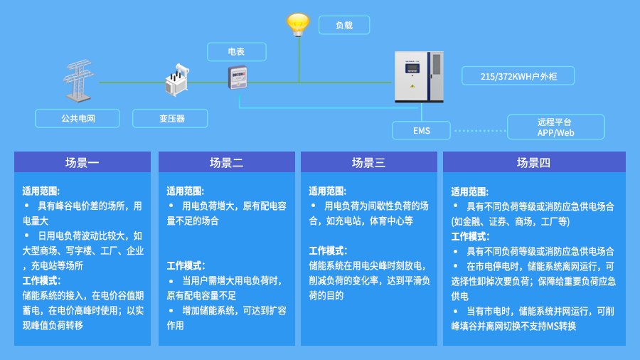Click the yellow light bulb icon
[x=298, y=23]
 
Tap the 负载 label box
[x=344, y=26]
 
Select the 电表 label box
[x=236, y=52]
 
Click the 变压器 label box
[x=171, y=118]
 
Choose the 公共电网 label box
[x=78, y=118]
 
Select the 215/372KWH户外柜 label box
[x=517, y=75]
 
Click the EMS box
[x=421, y=131]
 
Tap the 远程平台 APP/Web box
[x=555, y=127]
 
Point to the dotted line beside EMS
[x=479, y=131]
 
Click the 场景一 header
[x=82, y=162]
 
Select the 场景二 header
[x=226, y=162]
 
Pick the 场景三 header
[x=368, y=162]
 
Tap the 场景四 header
[x=533, y=162]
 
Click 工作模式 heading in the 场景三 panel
[x=327, y=250]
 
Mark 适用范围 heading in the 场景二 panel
[x=185, y=191]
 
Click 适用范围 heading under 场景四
[x=469, y=191]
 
